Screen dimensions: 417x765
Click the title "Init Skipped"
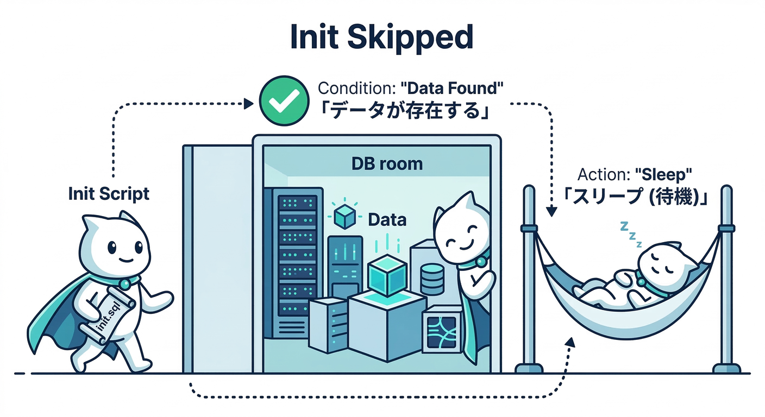[382, 38]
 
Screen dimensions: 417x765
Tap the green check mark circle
[281, 101]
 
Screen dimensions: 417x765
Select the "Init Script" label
[109, 193]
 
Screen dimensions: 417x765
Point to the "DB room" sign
[387, 163]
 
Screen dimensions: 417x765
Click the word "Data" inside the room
[387, 220]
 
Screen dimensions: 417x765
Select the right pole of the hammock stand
[726, 277]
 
